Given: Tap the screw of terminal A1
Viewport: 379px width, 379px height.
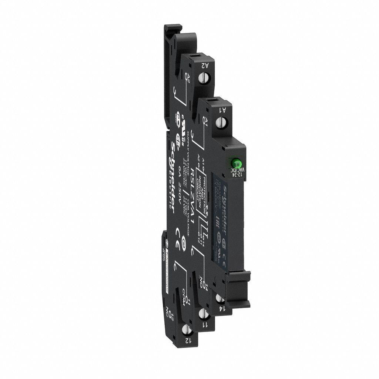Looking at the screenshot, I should pyautogui.click(x=223, y=121).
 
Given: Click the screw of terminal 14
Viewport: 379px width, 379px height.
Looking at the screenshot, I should pyautogui.click(x=221, y=298).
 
